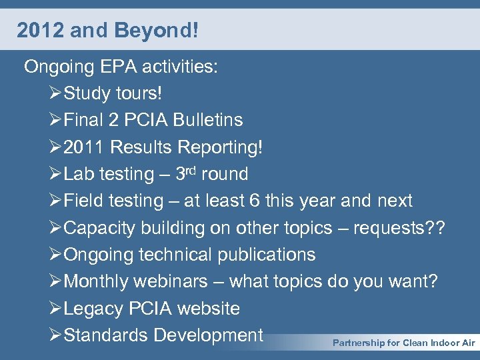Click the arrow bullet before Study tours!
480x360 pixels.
(x=55, y=93)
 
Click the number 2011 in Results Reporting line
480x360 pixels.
(x=85, y=147)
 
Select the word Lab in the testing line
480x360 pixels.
(x=79, y=174)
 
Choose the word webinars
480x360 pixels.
(x=171, y=281)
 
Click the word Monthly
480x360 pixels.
(x=95, y=281)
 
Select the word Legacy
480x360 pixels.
(x=93, y=309)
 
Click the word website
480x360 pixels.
(x=206, y=309)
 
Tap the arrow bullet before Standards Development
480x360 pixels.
(x=55, y=335)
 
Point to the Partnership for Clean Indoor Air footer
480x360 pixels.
(x=403, y=343)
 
